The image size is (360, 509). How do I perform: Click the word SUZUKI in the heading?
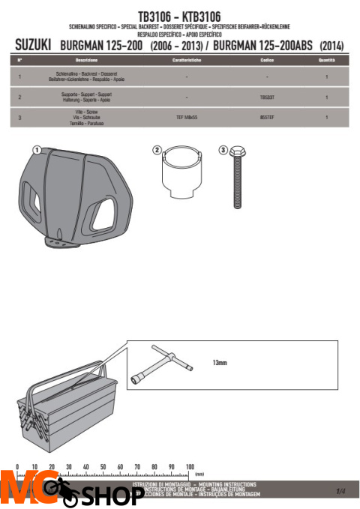33,46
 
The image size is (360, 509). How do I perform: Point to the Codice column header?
267,58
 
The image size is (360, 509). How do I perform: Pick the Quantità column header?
326,58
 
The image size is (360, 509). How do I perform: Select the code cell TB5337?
267,97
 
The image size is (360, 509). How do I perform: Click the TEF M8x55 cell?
185,118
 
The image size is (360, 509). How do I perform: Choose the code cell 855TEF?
267,118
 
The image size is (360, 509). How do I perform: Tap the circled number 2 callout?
157,150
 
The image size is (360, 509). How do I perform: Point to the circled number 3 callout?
223,150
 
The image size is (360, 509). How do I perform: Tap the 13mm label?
219,362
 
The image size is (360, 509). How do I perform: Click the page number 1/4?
340,490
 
